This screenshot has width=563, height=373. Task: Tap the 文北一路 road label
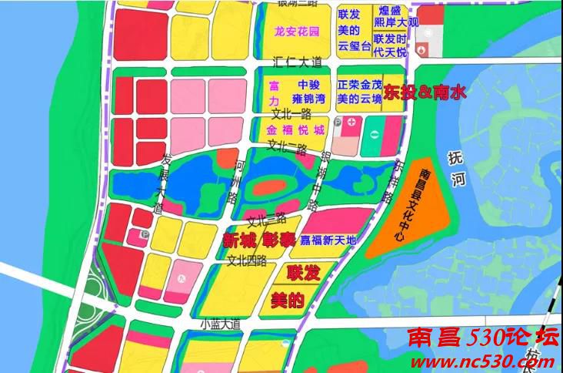pos(285,113)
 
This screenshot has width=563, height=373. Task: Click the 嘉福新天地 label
pos(328,240)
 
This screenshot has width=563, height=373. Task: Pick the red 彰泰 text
pos(278,240)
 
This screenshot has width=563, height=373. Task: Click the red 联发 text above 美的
pos(302,273)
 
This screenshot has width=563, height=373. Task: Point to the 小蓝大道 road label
pos(219,324)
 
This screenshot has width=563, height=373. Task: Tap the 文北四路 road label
pos(246,260)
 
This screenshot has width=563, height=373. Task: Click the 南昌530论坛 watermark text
pos(481,338)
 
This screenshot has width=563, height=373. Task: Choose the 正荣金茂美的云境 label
pos(359,92)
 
